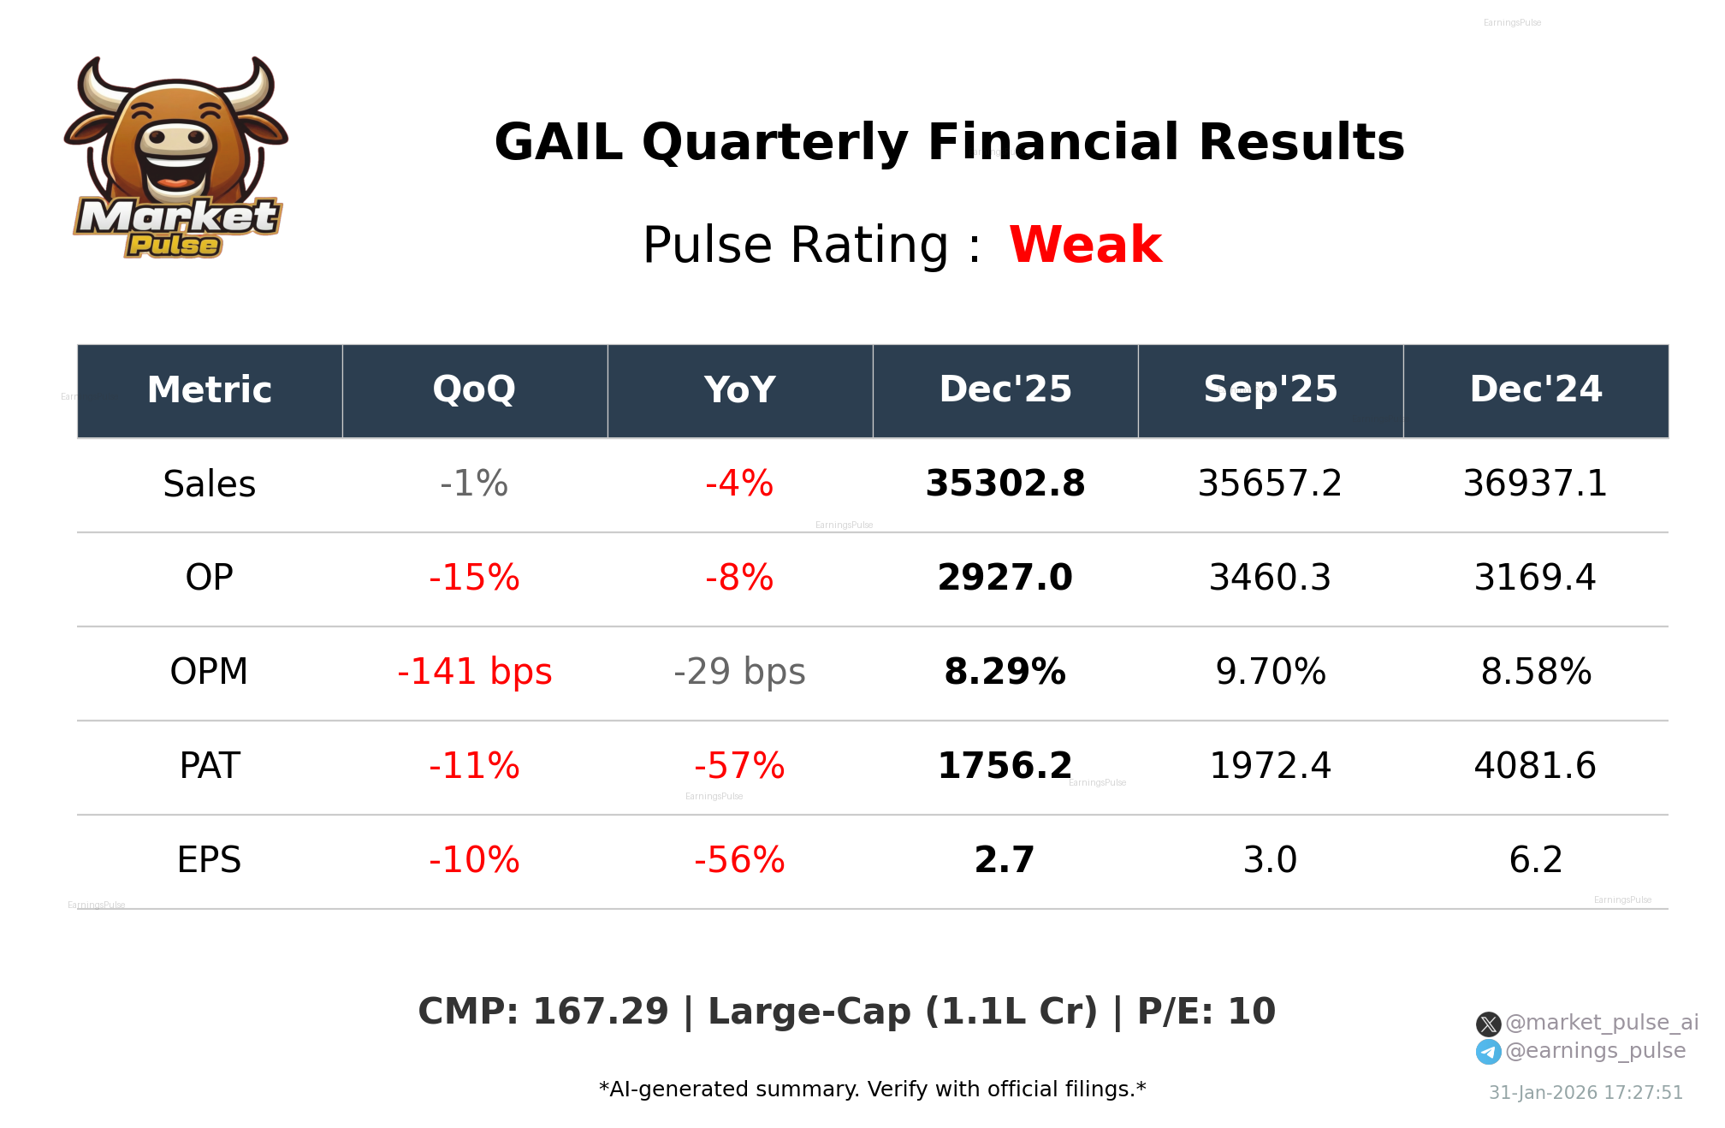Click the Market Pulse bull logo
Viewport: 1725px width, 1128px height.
tap(176, 158)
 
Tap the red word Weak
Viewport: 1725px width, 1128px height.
tap(1085, 245)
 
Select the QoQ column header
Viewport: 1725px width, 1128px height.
tap(474, 390)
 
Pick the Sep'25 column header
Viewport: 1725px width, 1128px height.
tap(1270, 390)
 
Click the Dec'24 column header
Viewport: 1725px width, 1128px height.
tap(1535, 390)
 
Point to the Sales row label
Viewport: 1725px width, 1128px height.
tap(210, 484)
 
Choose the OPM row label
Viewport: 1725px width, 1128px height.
tap(210, 672)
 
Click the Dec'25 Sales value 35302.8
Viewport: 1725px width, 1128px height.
tap(1005, 484)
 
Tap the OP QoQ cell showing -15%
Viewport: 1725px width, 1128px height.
tap(474, 578)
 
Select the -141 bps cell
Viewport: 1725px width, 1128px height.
tap(474, 672)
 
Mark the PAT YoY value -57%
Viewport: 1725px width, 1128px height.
tap(739, 766)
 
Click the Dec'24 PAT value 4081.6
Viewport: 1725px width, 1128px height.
tap(1535, 766)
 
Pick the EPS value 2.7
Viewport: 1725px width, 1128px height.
tap(1005, 860)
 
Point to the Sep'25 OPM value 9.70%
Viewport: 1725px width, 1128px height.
tap(1271, 672)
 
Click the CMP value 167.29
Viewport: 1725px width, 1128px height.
tap(600, 1012)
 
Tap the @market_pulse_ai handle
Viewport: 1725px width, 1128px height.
tap(1601, 1023)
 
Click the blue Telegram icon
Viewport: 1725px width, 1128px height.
tap(1488, 1052)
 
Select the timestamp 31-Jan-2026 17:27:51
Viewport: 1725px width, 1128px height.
tap(1586, 1093)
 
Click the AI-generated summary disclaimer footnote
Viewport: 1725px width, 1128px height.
tap(872, 1089)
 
